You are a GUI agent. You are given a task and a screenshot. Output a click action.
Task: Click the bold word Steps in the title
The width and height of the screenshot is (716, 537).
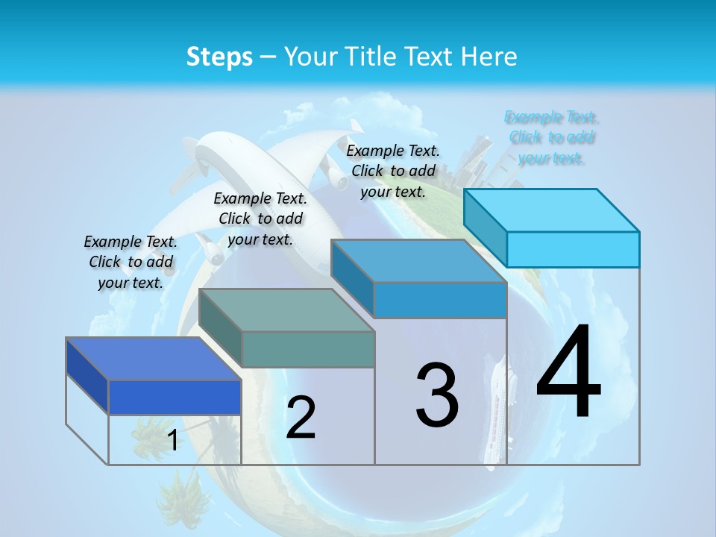coord(219,57)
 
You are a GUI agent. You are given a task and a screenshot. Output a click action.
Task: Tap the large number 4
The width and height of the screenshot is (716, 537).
coord(568,373)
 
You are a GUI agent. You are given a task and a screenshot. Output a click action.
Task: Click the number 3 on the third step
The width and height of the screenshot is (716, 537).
coord(437,395)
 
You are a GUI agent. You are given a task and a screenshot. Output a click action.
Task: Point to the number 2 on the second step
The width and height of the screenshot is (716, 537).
coord(301,418)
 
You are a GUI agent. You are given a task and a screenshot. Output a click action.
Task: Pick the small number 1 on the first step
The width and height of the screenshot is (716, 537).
coord(172,441)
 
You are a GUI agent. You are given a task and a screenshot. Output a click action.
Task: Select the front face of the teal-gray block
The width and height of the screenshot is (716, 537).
coord(308,349)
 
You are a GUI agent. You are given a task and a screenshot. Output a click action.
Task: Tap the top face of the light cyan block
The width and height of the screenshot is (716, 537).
coord(552,210)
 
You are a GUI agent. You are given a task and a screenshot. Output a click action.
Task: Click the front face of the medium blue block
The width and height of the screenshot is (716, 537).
coord(440,300)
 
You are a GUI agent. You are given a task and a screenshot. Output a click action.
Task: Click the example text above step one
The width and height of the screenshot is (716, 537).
coord(131,262)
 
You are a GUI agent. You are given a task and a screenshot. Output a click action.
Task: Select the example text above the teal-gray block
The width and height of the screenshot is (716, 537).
coord(260,219)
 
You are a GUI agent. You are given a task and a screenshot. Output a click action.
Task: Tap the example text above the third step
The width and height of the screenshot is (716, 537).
coord(393,171)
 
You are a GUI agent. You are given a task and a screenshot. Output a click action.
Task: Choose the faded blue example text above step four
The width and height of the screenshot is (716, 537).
coord(551,137)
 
